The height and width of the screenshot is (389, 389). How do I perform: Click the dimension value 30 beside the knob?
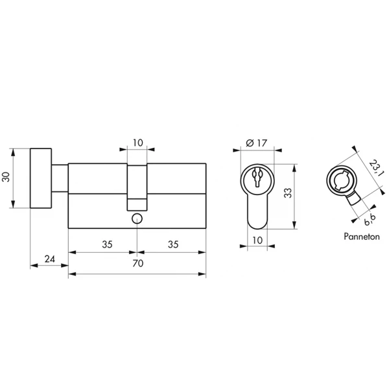5,177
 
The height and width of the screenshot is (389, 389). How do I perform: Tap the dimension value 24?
50,259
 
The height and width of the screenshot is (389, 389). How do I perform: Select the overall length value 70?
137,263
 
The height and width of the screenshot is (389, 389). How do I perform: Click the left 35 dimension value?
107,244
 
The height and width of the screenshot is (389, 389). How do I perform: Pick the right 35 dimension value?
173,244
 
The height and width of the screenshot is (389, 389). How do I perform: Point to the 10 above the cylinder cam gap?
138,143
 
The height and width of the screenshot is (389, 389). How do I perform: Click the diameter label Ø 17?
257,143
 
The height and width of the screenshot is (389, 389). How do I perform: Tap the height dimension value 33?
288,193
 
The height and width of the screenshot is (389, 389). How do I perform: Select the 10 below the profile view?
257,240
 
